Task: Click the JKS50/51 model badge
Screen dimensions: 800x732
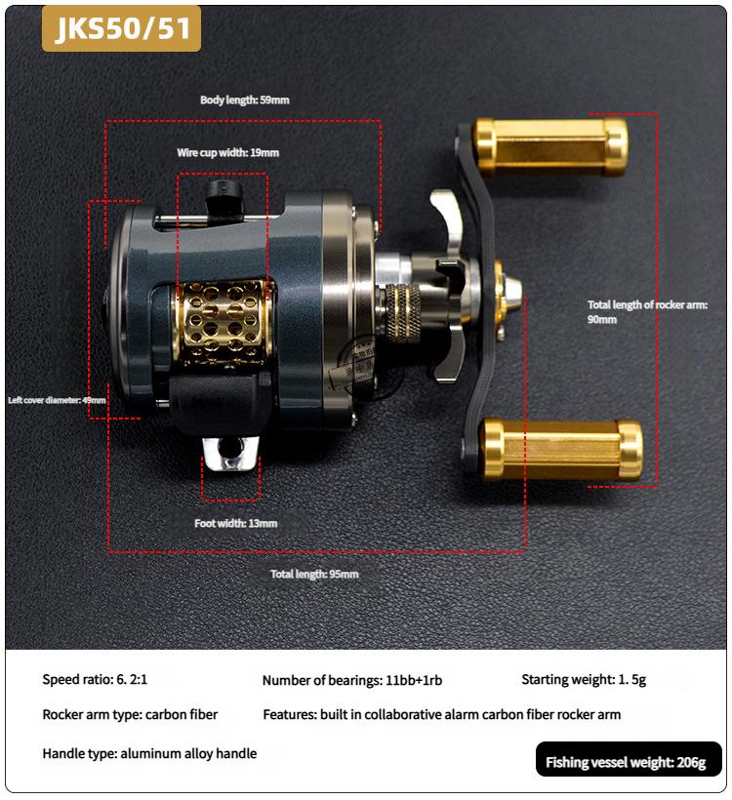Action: pyautogui.click(x=121, y=29)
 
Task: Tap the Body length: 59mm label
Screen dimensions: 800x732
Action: pyautogui.click(x=244, y=100)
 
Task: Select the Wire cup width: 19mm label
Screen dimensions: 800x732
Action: pyautogui.click(x=227, y=153)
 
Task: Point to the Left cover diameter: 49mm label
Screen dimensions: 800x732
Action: pyautogui.click(x=56, y=400)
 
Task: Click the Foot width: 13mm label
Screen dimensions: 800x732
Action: pyautogui.click(x=235, y=523)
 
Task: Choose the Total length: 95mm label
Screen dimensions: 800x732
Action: pyautogui.click(x=314, y=574)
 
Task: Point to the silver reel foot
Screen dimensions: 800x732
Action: pyautogui.click(x=231, y=453)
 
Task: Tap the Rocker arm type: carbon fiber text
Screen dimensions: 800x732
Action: pyautogui.click(x=130, y=714)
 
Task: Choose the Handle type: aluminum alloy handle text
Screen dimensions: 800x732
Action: pyautogui.click(x=149, y=753)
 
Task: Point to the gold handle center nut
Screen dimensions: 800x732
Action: pyautogui.click(x=504, y=290)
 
